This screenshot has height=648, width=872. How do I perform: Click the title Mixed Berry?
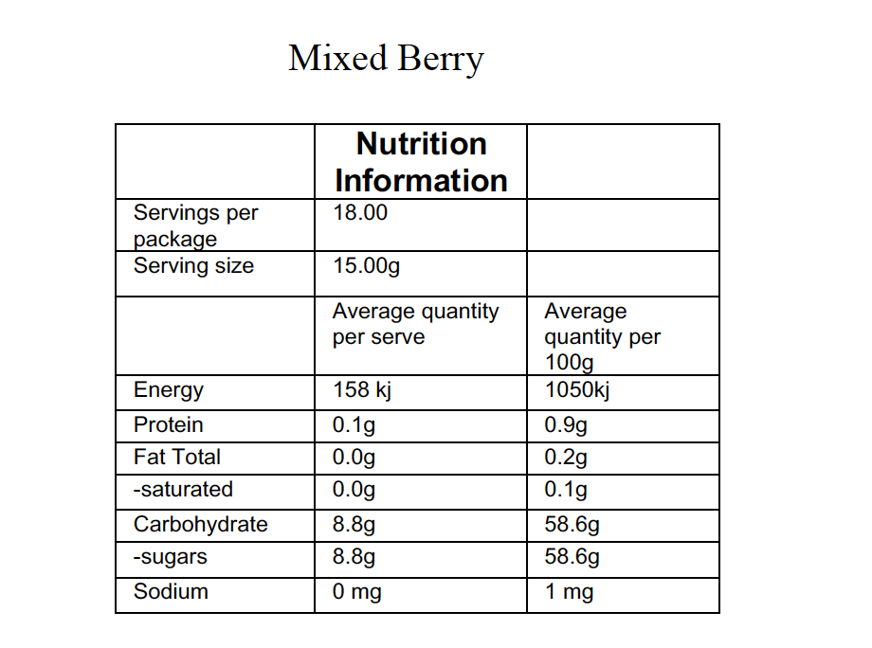click(x=386, y=59)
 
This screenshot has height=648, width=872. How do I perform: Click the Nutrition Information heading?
click(x=421, y=162)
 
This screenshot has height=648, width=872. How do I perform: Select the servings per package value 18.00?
click(x=360, y=212)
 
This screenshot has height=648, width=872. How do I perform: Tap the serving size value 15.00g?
click(x=366, y=266)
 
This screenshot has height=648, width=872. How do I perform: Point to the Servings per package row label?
click(x=195, y=225)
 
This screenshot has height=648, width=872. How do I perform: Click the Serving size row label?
click(x=193, y=266)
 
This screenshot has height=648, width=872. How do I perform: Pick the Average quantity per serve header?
click(x=415, y=324)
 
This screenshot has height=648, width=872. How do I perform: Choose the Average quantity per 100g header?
click(x=602, y=336)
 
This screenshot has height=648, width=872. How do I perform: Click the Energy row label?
click(x=169, y=390)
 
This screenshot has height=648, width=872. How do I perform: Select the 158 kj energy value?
click(x=362, y=390)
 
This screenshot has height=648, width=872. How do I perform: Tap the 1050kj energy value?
click(x=576, y=390)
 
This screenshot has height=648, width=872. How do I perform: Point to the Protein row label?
click(x=168, y=424)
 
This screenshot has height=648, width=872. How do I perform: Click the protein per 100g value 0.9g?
click(x=566, y=424)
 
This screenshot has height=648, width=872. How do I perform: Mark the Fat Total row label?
click(x=176, y=458)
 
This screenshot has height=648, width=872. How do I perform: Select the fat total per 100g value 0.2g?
click(x=566, y=458)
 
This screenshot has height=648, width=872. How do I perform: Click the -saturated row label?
click(x=183, y=490)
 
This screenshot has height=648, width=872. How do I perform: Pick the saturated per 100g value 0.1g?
click(x=566, y=490)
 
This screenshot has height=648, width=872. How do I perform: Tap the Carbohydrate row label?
click(x=200, y=524)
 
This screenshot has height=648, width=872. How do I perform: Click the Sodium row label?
click(x=171, y=592)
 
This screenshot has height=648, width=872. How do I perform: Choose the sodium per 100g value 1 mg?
click(x=569, y=592)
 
